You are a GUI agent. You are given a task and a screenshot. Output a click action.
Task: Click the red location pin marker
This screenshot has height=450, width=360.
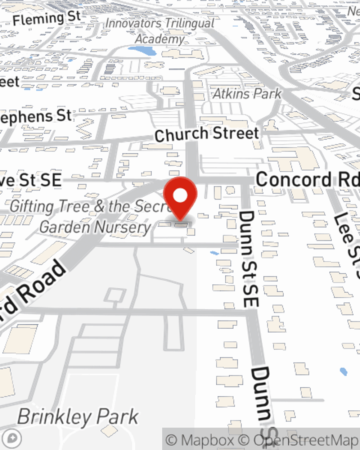[180, 198]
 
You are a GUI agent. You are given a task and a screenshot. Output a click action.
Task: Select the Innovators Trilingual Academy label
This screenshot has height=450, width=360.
[160, 31]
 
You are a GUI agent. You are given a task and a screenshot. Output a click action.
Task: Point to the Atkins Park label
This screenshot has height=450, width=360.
[247, 94]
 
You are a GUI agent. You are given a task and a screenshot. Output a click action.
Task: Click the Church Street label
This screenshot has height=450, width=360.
[207, 134]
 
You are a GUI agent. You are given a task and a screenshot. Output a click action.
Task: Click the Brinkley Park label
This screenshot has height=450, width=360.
[78, 417]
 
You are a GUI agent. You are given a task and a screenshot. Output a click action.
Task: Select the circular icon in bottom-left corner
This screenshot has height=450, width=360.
[12, 438]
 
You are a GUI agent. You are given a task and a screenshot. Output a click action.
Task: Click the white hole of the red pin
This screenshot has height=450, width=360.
[180, 195]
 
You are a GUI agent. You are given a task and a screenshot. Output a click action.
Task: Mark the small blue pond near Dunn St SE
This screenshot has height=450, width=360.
[214, 253]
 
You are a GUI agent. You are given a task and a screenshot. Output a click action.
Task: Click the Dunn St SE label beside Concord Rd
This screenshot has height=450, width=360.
[248, 259]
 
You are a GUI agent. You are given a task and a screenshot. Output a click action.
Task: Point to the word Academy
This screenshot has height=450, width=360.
[160, 39]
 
